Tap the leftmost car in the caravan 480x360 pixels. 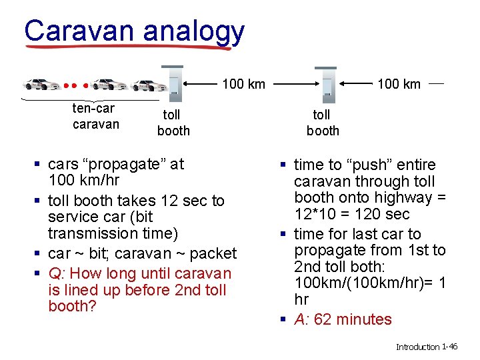pyautogui.click(x=42, y=85)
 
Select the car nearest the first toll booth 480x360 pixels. pyautogui.click(x=149, y=85)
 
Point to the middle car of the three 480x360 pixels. pyautogui.click(x=109, y=85)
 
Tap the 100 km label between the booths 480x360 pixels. pyautogui.click(x=243, y=84)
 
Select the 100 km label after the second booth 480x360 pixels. pyautogui.click(x=399, y=84)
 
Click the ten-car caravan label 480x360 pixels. pyautogui.click(x=95, y=116)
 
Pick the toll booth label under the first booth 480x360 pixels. pyautogui.click(x=173, y=123)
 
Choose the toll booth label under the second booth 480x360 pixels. pyautogui.click(x=323, y=123)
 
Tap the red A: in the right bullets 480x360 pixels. pyautogui.click(x=302, y=319)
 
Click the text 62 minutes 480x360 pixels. pyautogui.click(x=353, y=319)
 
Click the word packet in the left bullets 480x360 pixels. pyautogui.click(x=213, y=253)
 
